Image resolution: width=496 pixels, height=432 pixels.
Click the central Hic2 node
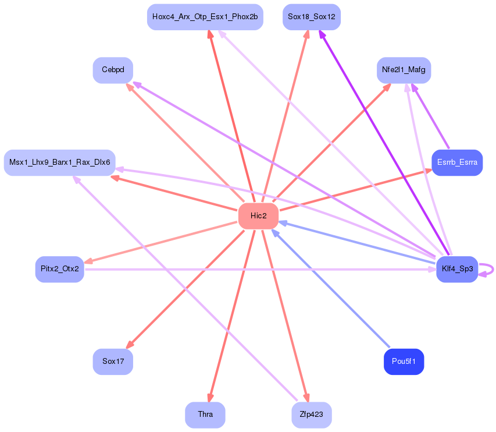click(258, 216)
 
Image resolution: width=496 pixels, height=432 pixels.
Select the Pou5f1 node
click(404, 362)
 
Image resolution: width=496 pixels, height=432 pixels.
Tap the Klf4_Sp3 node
click(456, 270)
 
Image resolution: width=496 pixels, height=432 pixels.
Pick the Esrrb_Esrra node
click(457, 162)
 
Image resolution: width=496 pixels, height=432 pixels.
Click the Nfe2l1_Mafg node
click(404, 70)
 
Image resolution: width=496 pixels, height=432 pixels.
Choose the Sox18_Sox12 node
click(311, 17)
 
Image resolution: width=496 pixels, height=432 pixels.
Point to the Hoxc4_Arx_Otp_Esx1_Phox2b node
click(205, 17)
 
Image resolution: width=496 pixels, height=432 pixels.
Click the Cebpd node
click(113, 70)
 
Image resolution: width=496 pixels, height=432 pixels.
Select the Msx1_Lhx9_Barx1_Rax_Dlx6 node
click(60, 162)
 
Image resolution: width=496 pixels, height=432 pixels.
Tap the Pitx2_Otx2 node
click(60, 269)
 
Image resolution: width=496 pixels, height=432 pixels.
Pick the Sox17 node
click(113, 362)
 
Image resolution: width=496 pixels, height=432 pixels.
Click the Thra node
click(205, 415)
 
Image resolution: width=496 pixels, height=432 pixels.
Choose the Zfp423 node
click(311, 415)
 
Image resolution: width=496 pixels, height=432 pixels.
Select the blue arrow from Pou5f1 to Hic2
click(331, 291)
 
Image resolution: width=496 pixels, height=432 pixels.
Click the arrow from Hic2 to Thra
click(233, 314)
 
